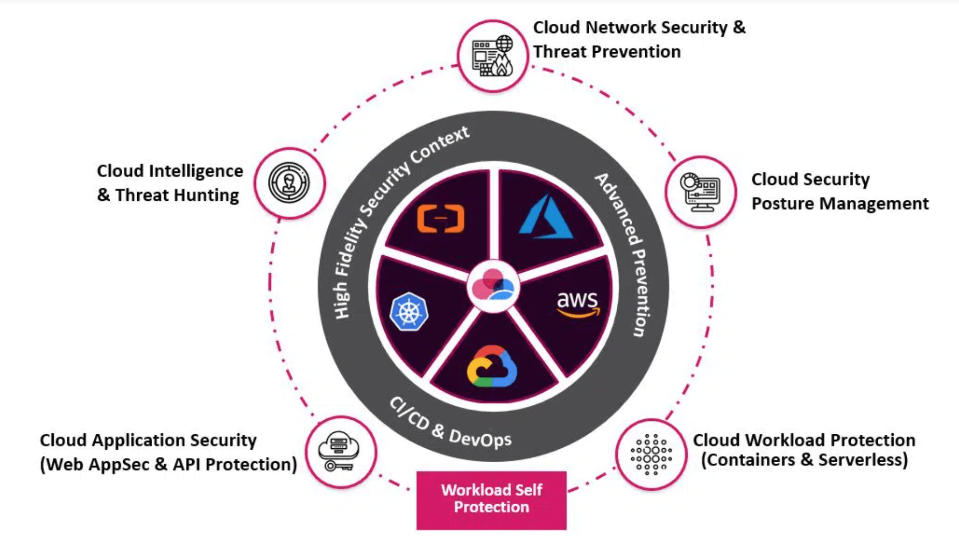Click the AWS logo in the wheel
(578, 304)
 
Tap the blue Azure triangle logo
(546, 218)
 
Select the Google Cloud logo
(492, 367)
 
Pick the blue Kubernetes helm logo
(409, 312)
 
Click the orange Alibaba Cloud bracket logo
(441, 218)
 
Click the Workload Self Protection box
(491, 499)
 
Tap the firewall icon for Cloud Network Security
(492, 56)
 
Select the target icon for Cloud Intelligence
(289, 183)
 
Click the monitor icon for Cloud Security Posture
(700, 192)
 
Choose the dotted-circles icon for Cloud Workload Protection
(651, 454)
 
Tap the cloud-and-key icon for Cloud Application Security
(339, 452)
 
